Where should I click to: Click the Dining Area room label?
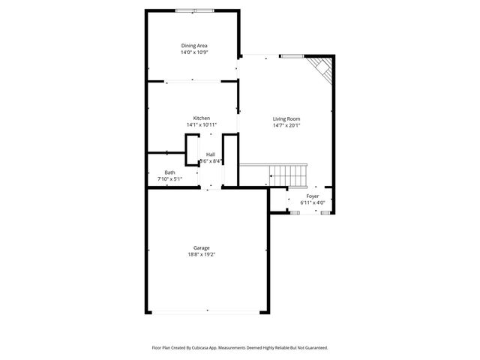[x=193, y=46]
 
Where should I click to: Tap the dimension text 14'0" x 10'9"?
[x=193, y=52]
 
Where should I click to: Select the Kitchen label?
[x=201, y=118]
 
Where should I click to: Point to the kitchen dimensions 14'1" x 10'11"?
[x=201, y=124]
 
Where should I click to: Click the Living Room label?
[x=286, y=118]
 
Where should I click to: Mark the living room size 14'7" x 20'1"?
[x=286, y=125]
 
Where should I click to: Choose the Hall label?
[x=211, y=154]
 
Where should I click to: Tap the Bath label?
[x=170, y=172]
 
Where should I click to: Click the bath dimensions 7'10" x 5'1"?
[x=170, y=179]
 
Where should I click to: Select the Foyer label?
[x=312, y=196]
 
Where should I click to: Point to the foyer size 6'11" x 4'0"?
[x=312, y=202]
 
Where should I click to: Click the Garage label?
[x=201, y=247]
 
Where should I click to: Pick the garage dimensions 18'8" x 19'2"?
[x=201, y=254]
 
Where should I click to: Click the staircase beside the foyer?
[x=289, y=175]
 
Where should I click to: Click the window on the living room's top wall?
[x=291, y=56]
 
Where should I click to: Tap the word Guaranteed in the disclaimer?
[x=314, y=348]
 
